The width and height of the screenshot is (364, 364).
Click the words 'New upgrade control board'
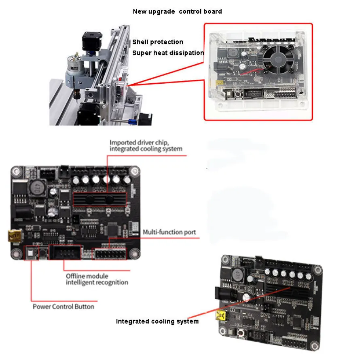[x=177, y=12]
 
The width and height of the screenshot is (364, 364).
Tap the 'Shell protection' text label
[x=158, y=42]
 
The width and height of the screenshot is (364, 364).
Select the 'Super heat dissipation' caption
[x=168, y=53]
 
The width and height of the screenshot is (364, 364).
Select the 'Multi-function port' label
[x=169, y=233]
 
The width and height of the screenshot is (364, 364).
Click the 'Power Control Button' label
[x=63, y=307]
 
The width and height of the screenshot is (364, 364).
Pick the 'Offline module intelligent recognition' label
[x=97, y=279]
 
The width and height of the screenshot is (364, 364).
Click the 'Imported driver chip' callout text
[x=146, y=146]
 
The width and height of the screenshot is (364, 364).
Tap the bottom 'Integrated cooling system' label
[x=157, y=322]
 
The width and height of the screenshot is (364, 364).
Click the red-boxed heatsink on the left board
[x=99, y=200]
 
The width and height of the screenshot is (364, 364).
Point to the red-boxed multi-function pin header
[x=110, y=254]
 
